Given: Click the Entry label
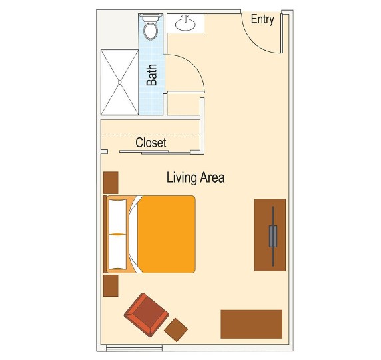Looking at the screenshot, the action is tap(262, 19).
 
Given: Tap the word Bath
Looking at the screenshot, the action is tap(152, 75).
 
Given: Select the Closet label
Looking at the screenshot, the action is tap(151, 143).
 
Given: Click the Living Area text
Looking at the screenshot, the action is tap(195, 177).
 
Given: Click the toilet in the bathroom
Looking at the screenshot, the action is tap(151, 27).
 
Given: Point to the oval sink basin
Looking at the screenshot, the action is tap(185, 24).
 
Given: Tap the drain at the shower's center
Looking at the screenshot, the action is tap(119, 82).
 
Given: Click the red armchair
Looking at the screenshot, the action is tap(147, 315).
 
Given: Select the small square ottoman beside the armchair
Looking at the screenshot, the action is tap(176, 330).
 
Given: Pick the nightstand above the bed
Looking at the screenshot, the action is tap(111, 183).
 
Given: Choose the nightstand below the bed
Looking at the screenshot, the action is tap(111, 285).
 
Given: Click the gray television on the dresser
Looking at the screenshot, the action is tap(273, 236).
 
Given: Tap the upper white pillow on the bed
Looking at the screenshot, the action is tap(117, 217).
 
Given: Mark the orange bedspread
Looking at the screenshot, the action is tap(167, 234).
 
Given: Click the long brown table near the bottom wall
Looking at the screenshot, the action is tap(252, 324).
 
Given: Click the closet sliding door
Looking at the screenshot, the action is tap(155, 152).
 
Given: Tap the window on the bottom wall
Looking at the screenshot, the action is tap(134, 349).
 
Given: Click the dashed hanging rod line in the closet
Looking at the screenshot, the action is tap(151, 135).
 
